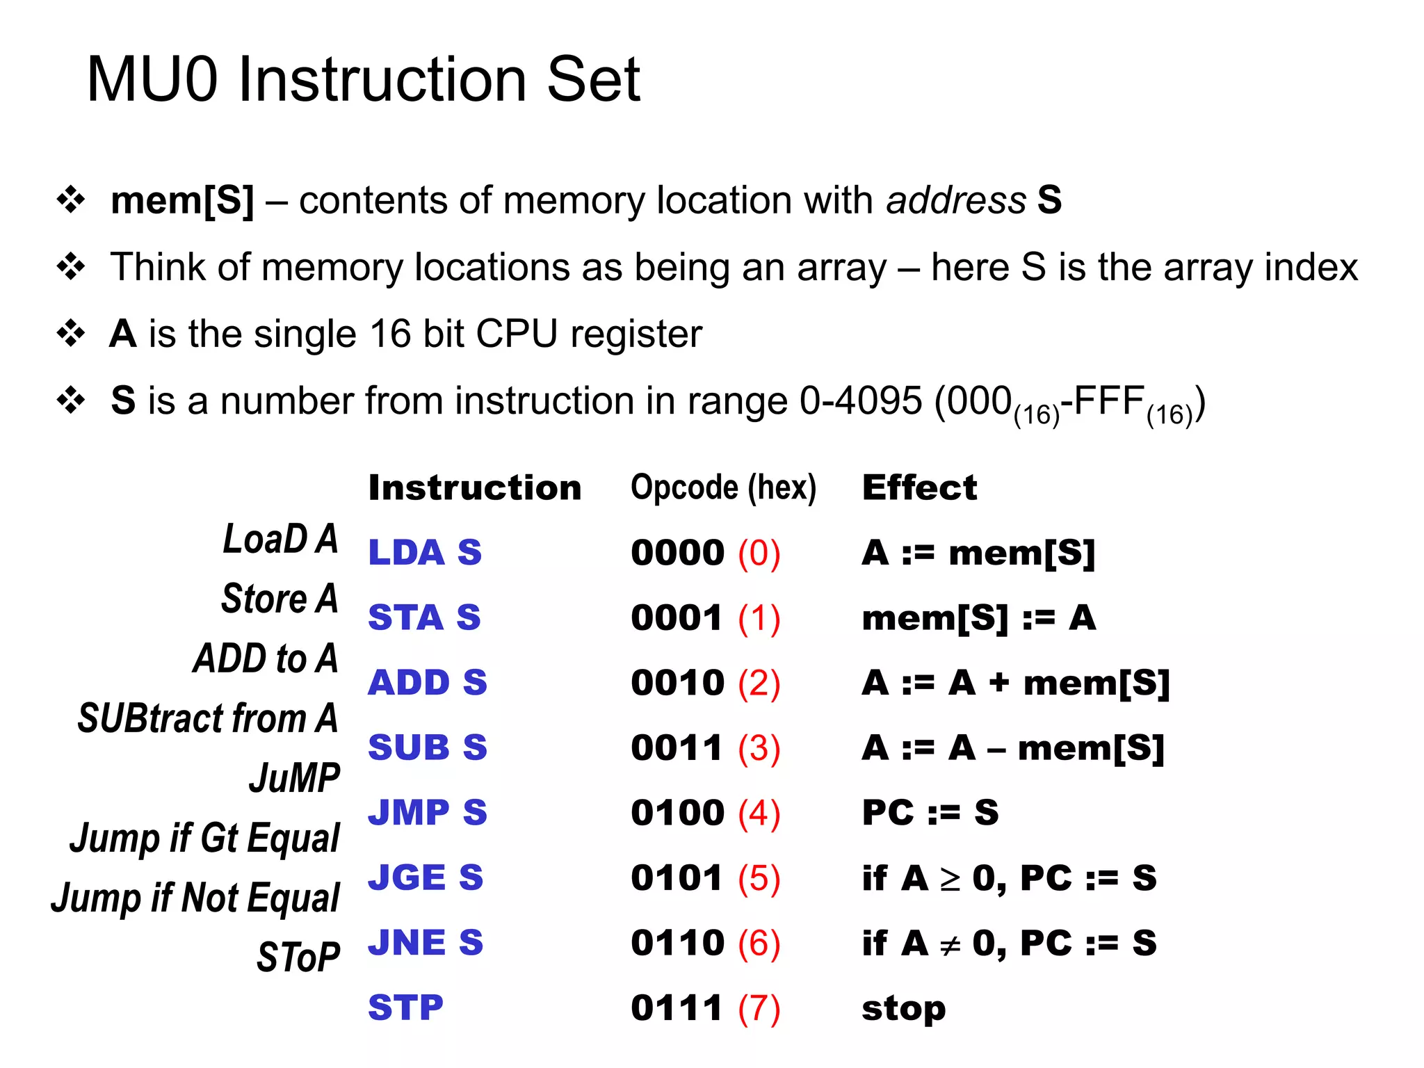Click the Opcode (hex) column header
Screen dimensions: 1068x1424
point(723,487)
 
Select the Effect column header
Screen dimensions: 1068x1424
point(919,487)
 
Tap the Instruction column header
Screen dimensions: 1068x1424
point(474,487)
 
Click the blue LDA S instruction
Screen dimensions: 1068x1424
point(424,553)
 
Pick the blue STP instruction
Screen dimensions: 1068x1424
point(405,1008)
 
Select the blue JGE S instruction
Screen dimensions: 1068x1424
point(425,877)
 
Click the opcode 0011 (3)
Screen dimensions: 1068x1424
point(705,747)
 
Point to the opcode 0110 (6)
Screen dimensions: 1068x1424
point(705,943)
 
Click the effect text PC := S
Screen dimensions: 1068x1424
point(930,812)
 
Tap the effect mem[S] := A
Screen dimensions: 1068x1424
point(978,618)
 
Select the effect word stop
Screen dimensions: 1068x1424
point(903,1008)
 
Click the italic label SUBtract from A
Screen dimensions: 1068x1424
point(207,718)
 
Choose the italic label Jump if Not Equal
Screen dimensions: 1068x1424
point(195,898)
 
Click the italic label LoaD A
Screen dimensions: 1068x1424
point(280,539)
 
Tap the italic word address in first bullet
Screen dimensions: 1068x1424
point(955,200)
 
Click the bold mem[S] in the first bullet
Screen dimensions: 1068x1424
point(182,200)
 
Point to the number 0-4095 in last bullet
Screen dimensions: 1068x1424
point(860,401)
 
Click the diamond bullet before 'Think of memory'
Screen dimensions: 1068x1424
point(70,267)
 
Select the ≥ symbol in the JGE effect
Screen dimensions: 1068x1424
point(950,880)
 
